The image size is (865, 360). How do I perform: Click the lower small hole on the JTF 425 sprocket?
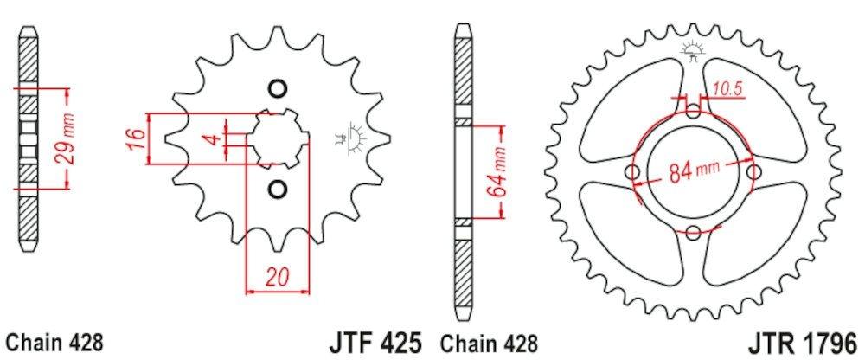click(x=277, y=189)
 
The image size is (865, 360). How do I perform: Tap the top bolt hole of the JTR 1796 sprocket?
click(x=695, y=111)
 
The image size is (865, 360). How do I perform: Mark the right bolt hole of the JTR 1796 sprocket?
click(x=754, y=171)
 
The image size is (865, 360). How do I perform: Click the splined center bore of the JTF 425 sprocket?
click(x=276, y=138)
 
